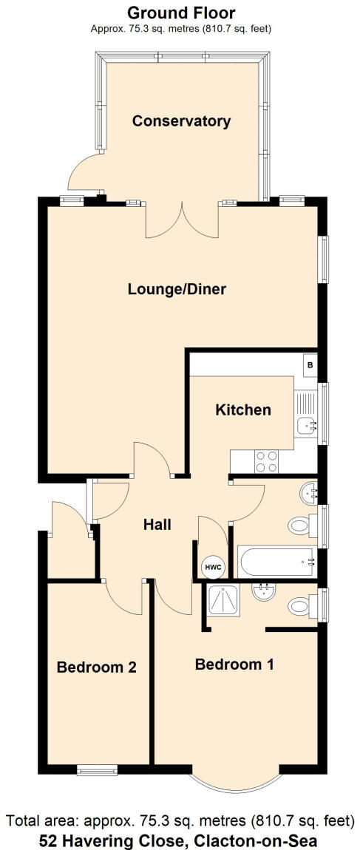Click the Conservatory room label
tap(181, 121)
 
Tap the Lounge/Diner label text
tap(177, 289)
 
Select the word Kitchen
tap(242, 409)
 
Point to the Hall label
tap(157, 525)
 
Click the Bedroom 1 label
tap(234, 664)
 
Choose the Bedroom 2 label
tap(96, 667)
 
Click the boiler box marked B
tap(310, 365)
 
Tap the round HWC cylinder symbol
tap(213, 566)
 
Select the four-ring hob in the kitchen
tap(266, 461)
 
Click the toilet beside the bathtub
tap(299, 526)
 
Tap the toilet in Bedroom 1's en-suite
tap(299, 607)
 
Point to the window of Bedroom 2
tap(97, 771)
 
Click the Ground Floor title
tap(181, 13)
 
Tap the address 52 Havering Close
tap(181, 840)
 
